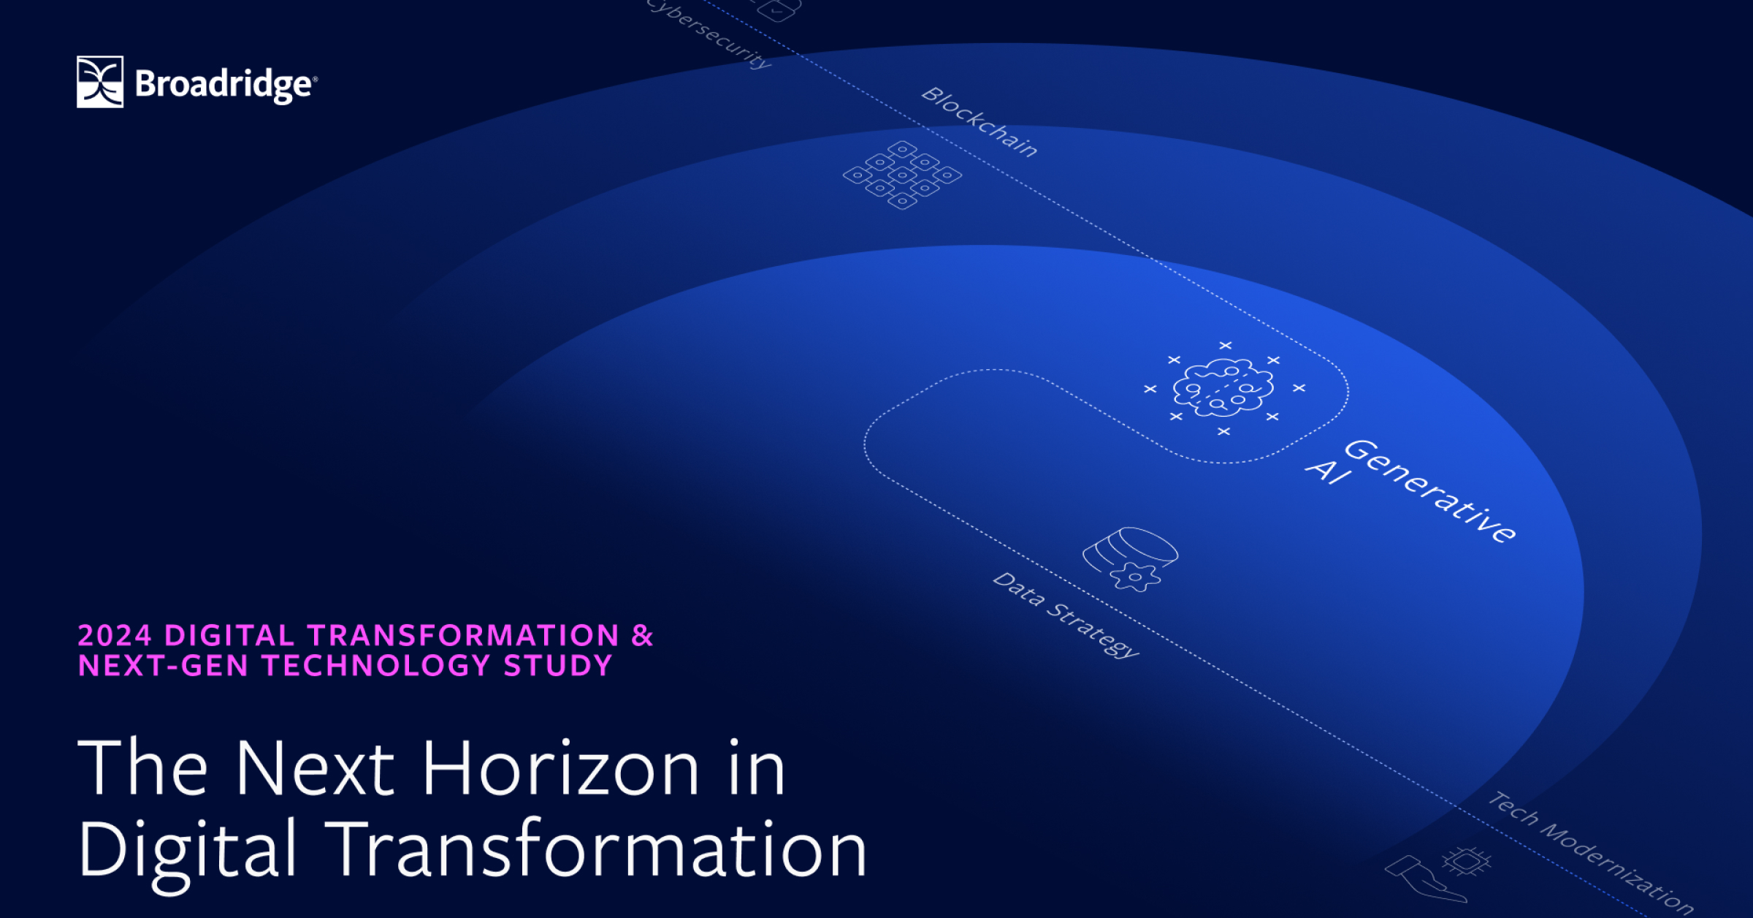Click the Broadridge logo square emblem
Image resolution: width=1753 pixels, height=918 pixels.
(x=100, y=82)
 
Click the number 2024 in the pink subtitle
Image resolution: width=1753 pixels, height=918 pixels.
(x=115, y=636)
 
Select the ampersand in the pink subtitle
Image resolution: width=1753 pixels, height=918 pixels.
(x=642, y=636)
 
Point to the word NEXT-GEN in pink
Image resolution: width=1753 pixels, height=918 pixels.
(x=163, y=667)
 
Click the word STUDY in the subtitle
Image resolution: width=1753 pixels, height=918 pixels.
(x=558, y=667)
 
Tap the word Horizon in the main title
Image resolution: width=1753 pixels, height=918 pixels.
(x=561, y=769)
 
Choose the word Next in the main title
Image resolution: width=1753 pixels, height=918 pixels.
(x=314, y=769)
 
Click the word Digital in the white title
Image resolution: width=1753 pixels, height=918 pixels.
(x=187, y=851)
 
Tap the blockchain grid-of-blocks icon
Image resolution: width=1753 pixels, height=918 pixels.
(x=903, y=175)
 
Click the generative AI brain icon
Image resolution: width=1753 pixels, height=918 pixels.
(x=1223, y=389)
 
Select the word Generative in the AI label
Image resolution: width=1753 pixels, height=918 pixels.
(x=1430, y=491)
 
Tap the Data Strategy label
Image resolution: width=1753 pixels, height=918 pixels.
(x=1065, y=615)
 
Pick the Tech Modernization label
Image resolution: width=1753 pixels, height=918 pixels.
(x=1591, y=852)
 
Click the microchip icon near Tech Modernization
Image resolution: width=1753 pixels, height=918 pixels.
(x=1466, y=861)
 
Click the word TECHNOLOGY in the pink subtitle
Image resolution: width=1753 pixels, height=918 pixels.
(x=376, y=667)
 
